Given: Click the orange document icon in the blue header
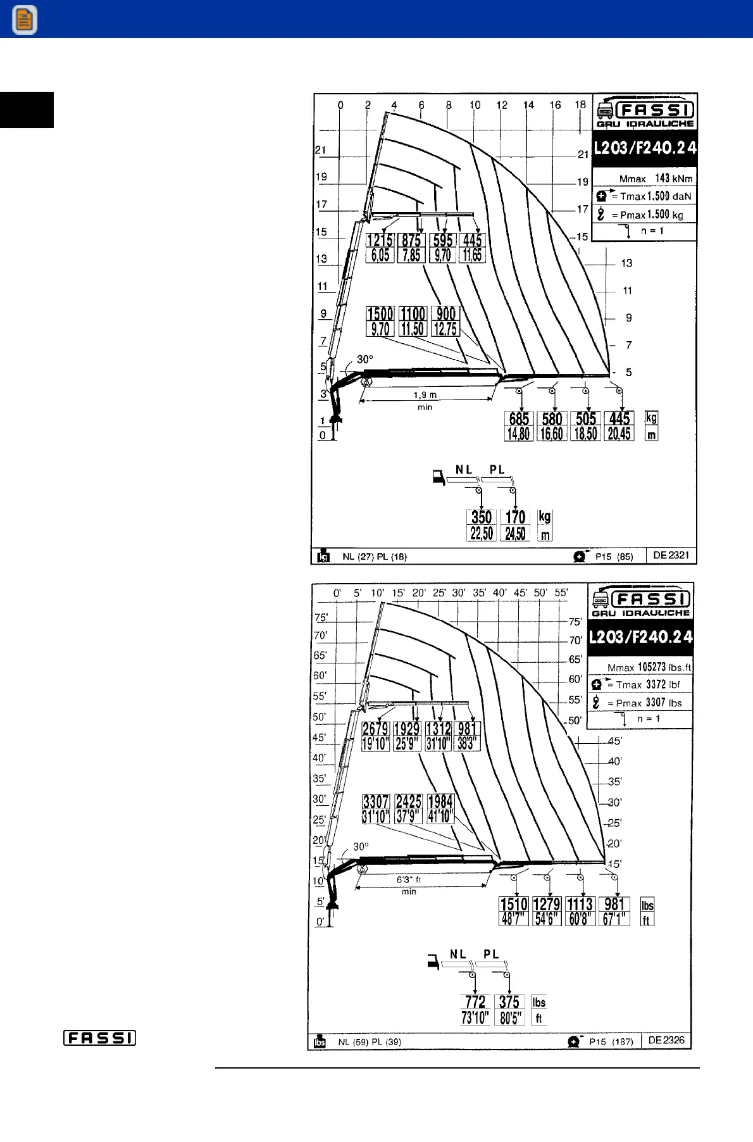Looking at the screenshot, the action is [24, 20].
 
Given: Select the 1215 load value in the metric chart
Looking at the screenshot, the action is [380, 241].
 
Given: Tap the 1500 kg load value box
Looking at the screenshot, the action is [380, 314].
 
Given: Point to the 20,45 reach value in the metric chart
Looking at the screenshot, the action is [619, 434].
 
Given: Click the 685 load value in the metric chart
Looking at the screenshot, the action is [519, 418].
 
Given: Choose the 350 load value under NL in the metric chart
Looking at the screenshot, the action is [482, 517].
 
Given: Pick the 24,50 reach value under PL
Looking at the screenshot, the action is [515, 534].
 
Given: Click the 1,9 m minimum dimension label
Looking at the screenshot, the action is [425, 395].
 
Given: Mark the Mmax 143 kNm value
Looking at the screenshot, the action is [656, 179].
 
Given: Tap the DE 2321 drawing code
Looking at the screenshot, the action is [671, 555].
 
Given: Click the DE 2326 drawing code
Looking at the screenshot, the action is [666, 1040].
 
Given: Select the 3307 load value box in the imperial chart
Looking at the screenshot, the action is [376, 801].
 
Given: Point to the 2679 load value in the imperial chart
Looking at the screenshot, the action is [375, 729].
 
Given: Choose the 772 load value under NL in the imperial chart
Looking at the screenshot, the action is [475, 1002].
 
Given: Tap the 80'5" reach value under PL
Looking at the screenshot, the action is [509, 1018].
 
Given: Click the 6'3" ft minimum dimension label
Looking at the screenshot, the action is [409, 880].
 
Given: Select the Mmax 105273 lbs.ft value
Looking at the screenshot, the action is [649, 667].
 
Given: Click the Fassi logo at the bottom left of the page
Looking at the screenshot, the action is [99, 1038].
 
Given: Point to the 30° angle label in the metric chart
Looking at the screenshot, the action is [365, 360].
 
